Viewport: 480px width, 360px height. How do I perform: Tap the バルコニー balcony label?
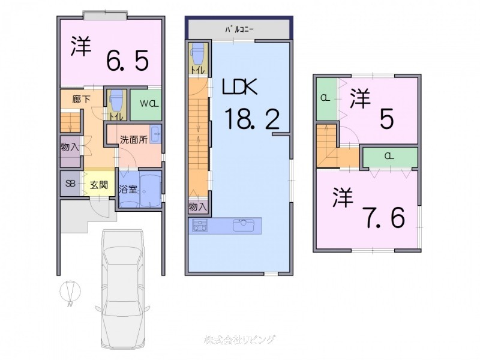pyautogui.click(x=239, y=28)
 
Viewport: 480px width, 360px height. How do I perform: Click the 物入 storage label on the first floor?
pyautogui.click(x=70, y=146)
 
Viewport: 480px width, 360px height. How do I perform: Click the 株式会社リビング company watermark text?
pyautogui.click(x=239, y=339)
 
